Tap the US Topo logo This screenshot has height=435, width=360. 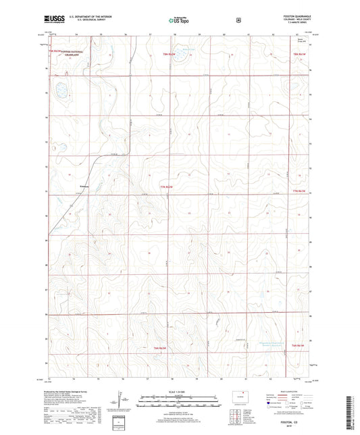(180, 22)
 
